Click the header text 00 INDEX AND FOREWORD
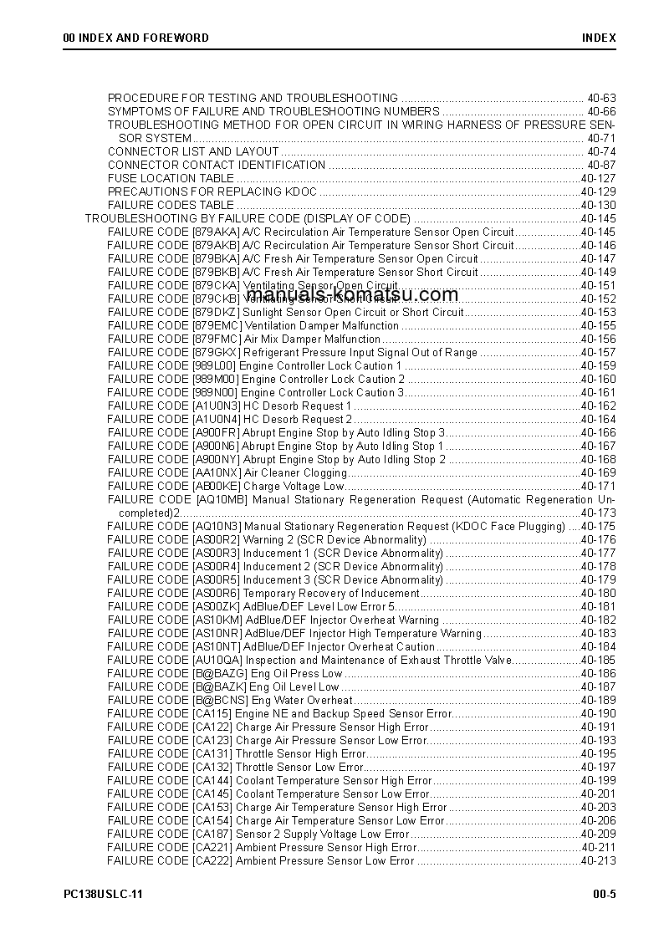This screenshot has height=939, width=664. (x=136, y=38)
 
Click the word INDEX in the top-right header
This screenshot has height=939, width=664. (x=599, y=38)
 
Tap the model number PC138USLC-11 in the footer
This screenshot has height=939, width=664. (x=103, y=894)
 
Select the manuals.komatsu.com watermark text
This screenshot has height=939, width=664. (x=352, y=293)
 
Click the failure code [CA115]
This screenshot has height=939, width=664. (x=212, y=713)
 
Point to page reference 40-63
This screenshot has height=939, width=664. (x=601, y=98)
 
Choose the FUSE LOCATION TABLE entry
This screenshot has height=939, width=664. (x=171, y=178)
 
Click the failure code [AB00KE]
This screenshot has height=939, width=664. (x=216, y=486)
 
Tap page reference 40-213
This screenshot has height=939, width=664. (x=598, y=860)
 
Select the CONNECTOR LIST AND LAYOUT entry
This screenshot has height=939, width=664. (x=193, y=151)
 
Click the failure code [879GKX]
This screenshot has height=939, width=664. (x=216, y=352)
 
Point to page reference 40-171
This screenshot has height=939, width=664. (x=598, y=486)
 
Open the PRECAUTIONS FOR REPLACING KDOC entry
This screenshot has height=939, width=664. (x=212, y=191)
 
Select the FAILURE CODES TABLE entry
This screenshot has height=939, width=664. (x=171, y=205)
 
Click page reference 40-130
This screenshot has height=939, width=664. (x=598, y=205)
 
